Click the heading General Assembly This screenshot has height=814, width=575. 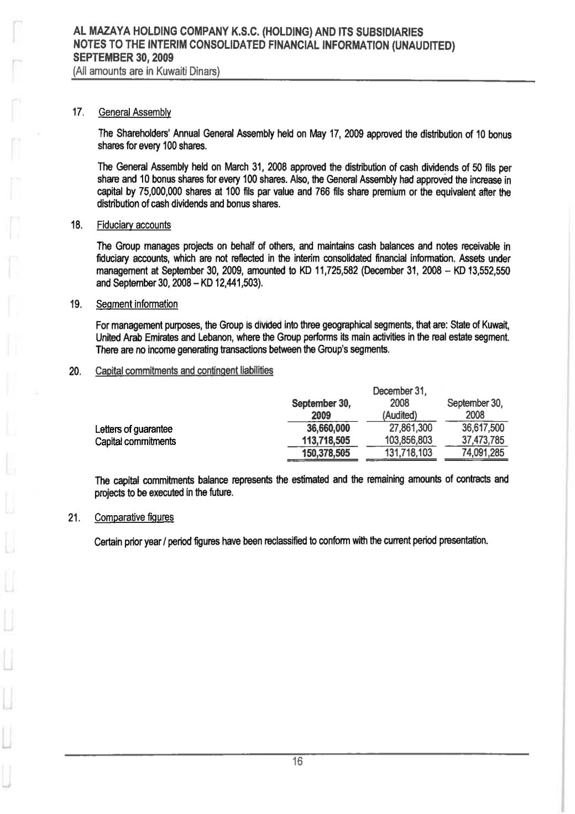(134, 113)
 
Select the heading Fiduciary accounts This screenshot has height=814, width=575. (133, 225)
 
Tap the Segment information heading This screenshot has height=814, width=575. (137, 304)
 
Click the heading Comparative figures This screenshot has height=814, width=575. (134, 517)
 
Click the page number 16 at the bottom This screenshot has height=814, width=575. (297, 762)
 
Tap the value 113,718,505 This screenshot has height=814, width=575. (325, 441)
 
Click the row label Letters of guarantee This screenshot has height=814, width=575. (134, 429)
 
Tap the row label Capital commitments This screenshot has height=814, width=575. (135, 442)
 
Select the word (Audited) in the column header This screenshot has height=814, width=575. (398, 415)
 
